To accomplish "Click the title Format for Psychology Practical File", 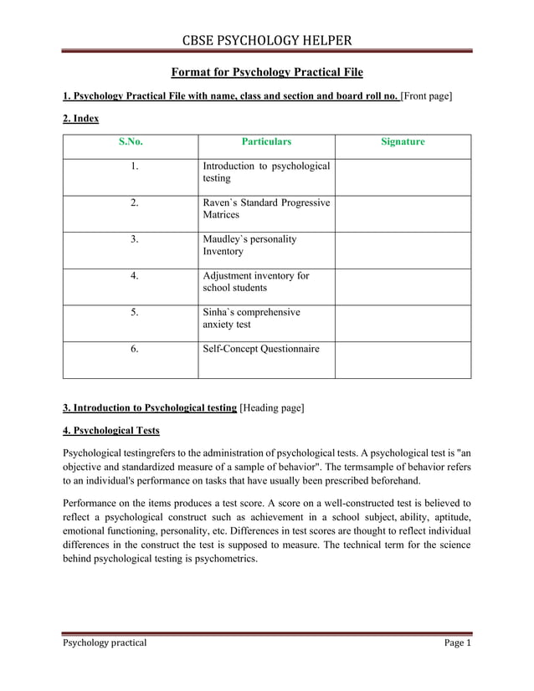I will [x=267, y=73].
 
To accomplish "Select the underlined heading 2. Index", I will [x=81, y=119].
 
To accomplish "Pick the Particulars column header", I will [x=266, y=142].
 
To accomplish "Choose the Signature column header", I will [x=403, y=142].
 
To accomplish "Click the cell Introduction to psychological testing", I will [x=266, y=172].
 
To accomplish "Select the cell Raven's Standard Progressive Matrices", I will [x=266, y=208].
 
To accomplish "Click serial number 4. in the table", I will [x=134, y=275].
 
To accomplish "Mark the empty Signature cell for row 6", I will [x=403, y=360].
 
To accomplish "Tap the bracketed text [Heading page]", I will [x=272, y=408].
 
